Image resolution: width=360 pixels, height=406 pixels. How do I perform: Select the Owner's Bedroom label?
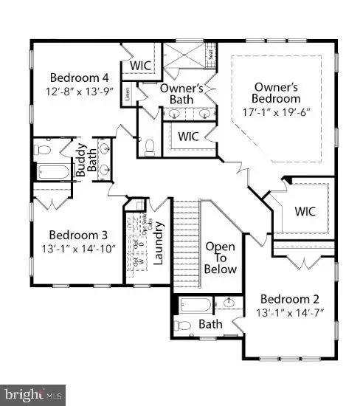click(x=276, y=92)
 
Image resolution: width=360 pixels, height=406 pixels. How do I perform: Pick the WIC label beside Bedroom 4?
click(x=140, y=65)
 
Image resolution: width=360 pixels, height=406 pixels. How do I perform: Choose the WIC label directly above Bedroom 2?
click(x=305, y=211)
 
